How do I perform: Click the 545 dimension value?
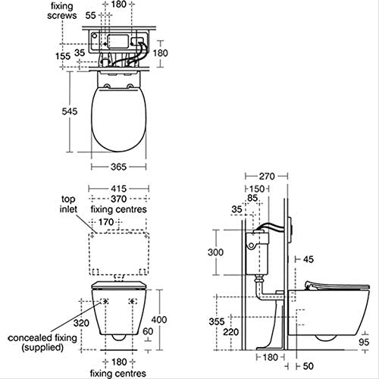70,111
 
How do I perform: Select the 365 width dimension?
118,167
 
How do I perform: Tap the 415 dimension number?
119,189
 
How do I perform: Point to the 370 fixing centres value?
119,199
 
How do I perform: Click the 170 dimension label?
106,222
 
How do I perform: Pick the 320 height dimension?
81,323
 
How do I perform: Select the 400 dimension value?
159,320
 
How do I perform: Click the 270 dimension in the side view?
267,176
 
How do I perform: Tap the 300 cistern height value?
215,252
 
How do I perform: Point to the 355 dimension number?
217,321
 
